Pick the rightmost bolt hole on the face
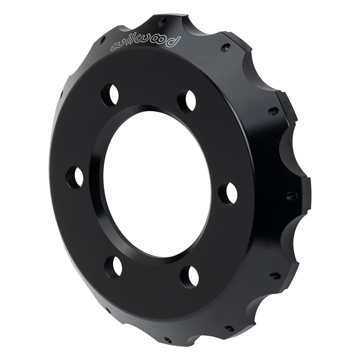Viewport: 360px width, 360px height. (228, 193)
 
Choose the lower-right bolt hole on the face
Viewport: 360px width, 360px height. (189, 277)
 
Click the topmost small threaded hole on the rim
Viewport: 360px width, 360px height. (162, 22)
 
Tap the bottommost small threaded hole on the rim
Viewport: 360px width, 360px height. (166, 339)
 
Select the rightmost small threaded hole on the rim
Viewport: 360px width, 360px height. (290, 195)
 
